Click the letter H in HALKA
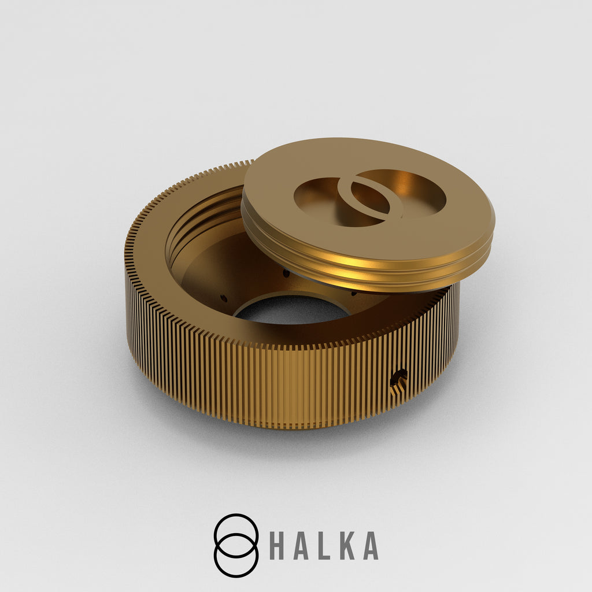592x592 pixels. (x=277, y=546)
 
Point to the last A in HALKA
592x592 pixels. (x=371, y=546)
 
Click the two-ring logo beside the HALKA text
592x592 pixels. (x=236, y=545)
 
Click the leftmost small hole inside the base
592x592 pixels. (x=224, y=298)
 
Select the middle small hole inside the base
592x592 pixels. (x=286, y=273)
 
